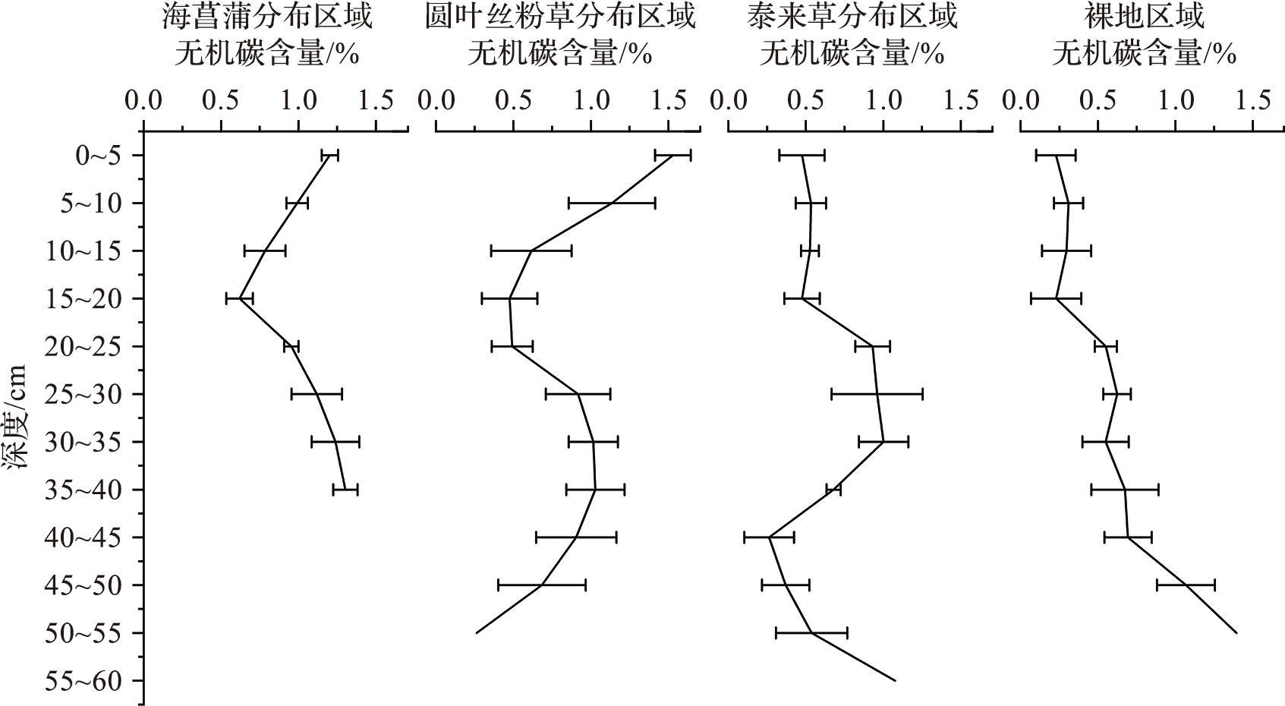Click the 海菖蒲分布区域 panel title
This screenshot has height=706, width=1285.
pyautogui.click(x=267, y=17)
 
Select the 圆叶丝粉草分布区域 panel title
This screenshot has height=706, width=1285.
pyautogui.click(x=559, y=17)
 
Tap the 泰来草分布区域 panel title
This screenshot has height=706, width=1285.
pyautogui.click(x=852, y=17)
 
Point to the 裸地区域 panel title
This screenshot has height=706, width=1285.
pyautogui.click(x=1145, y=17)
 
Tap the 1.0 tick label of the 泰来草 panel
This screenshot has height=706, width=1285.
pyautogui.click(x=883, y=100)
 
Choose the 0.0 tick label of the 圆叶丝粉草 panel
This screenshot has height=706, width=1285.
pyautogui.click(x=436, y=100)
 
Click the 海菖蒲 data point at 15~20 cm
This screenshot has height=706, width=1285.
pyautogui.click(x=239, y=299)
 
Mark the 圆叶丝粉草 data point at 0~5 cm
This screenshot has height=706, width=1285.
pyautogui.click(x=672, y=156)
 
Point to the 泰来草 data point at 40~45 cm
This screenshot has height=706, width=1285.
pyautogui.click(x=770, y=537)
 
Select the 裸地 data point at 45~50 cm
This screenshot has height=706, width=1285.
pyautogui.click(x=1186, y=585)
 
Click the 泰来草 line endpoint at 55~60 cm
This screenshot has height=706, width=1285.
pyautogui.click(x=896, y=681)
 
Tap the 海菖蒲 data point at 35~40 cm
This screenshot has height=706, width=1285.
pyautogui.click(x=345, y=490)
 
